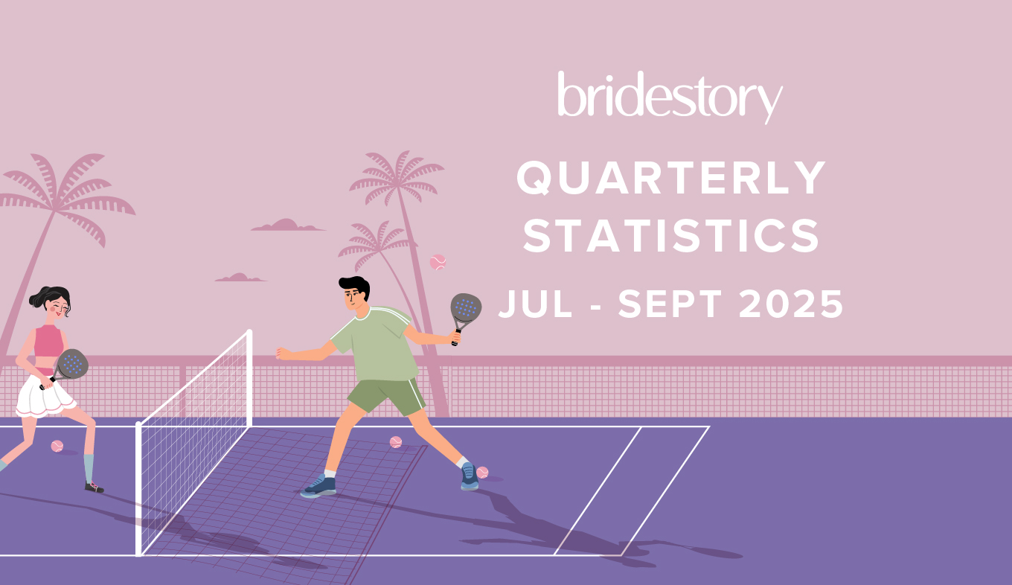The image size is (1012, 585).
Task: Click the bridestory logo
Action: (670, 97)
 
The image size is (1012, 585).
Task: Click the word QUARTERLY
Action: (671, 178)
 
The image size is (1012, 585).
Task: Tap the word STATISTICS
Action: (671, 235)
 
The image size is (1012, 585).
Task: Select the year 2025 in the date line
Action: (792, 304)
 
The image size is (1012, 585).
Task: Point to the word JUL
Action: (535, 304)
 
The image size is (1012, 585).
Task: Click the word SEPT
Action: (670, 304)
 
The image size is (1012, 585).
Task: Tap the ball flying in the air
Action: (438, 262)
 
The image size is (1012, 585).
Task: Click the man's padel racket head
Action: (466, 309)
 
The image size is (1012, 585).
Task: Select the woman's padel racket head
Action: (72, 364)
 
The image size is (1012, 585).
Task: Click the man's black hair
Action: (355, 285)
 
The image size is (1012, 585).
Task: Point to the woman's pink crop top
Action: (49, 341)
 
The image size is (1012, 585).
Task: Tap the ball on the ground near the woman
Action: (57, 447)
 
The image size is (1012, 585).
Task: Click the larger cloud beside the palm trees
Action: (288, 226)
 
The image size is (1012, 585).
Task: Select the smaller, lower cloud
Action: (240, 278)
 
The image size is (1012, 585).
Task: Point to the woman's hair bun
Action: (36, 298)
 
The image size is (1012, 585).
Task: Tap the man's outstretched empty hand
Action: (283, 354)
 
